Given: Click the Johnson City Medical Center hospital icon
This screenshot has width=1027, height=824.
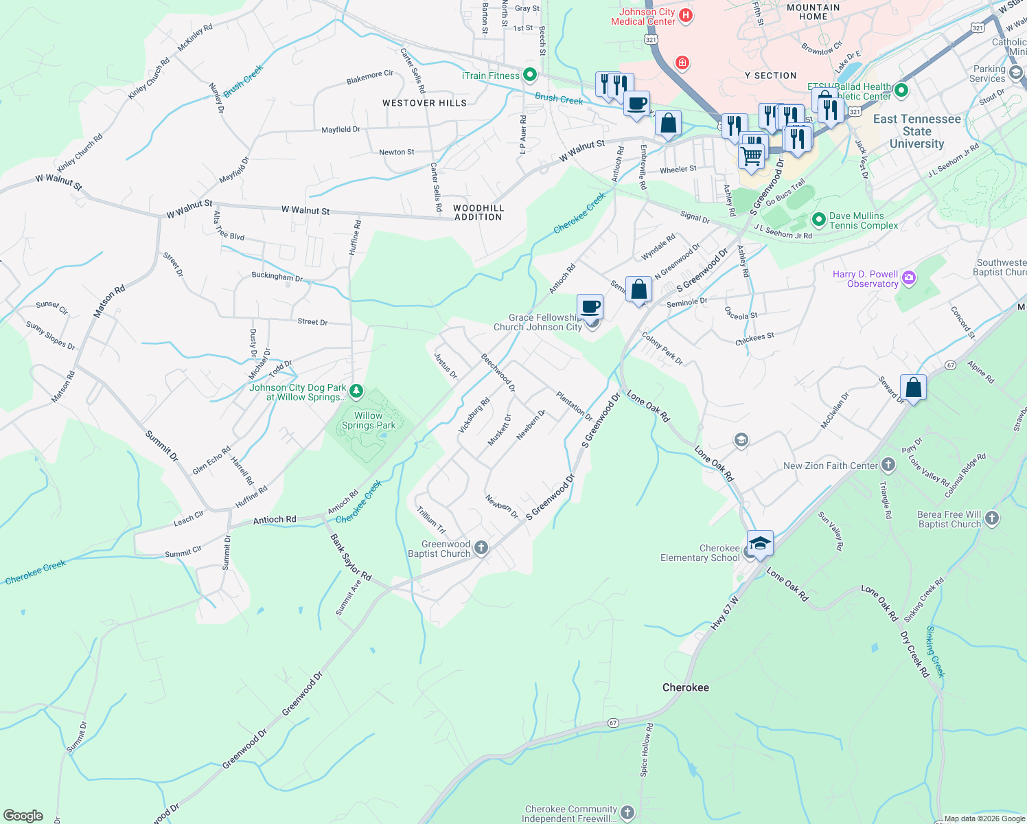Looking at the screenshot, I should [x=684, y=14].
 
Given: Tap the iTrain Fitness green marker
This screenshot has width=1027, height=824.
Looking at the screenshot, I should [x=529, y=74].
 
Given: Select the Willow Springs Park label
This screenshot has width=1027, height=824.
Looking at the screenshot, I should [x=369, y=420].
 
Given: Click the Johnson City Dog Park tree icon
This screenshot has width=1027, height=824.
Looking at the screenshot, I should [x=356, y=391].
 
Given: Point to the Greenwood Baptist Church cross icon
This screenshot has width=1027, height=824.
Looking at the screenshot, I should [x=481, y=548].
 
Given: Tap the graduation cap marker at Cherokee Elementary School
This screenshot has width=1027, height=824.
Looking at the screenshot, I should [x=760, y=543].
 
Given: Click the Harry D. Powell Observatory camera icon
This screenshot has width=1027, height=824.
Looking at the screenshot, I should [x=909, y=278].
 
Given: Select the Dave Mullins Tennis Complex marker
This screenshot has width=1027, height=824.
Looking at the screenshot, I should [x=818, y=220].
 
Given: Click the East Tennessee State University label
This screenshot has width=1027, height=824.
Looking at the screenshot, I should [x=916, y=131].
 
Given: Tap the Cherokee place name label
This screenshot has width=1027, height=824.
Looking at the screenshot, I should [x=685, y=687].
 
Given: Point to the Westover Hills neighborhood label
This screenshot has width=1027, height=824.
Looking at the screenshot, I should [x=424, y=103].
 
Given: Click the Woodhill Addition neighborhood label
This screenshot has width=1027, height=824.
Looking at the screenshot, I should [x=478, y=212].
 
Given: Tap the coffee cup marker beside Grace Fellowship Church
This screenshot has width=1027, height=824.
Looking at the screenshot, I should [x=590, y=306].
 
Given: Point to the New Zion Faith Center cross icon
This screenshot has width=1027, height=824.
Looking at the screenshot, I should [x=888, y=465].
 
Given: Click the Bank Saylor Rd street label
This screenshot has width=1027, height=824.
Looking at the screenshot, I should [x=351, y=557].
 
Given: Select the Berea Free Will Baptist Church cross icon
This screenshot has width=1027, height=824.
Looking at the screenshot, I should [x=991, y=518].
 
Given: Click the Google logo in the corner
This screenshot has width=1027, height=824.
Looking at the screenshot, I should [x=23, y=816].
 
